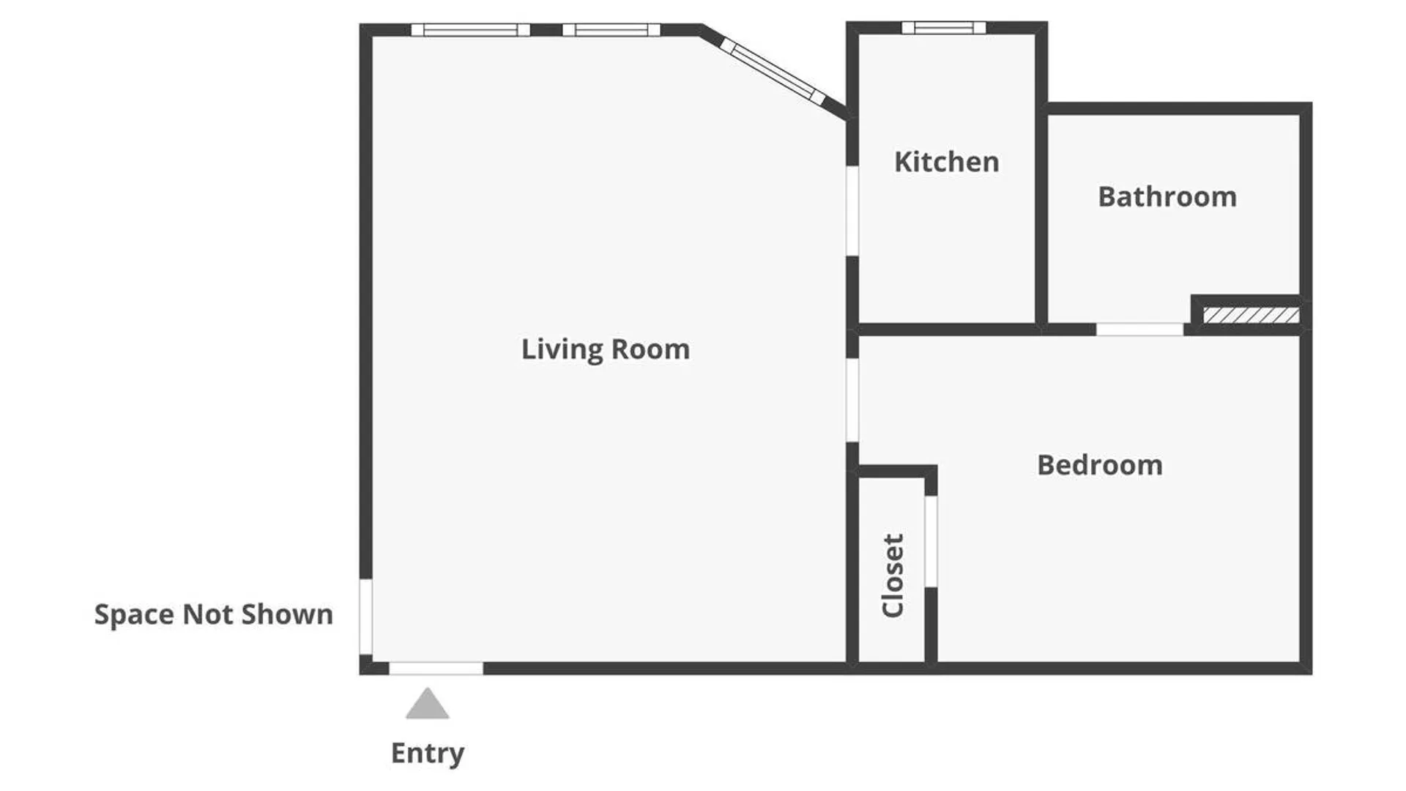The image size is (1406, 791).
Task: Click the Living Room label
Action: click(606, 349)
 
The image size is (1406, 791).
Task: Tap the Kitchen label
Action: click(946, 161)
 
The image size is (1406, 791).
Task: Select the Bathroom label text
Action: click(1167, 196)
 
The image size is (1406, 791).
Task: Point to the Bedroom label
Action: click(1100, 465)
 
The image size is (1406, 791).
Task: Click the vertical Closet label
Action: click(893, 576)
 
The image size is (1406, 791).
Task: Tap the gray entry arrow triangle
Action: click(427, 703)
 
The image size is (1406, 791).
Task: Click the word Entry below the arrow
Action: click(428, 753)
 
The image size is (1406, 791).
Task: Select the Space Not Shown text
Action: click(214, 614)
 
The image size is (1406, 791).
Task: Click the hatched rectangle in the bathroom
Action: click(1251, 316)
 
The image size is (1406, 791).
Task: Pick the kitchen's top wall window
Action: click(943, 28)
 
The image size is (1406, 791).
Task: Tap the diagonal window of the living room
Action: click(773, 71)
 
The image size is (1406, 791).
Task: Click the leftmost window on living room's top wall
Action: click(470, 30)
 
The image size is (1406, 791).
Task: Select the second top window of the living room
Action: click(611, 30)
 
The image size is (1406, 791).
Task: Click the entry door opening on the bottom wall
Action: click(436, 669)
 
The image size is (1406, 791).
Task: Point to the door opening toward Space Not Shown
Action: click(365, 617)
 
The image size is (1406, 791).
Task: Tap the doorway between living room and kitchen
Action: click(852, 211)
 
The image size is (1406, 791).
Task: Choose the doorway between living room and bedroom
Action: click(852, 400)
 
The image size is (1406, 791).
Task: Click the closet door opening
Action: click(931, 541)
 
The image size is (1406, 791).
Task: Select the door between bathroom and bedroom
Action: click(1139, 330)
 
